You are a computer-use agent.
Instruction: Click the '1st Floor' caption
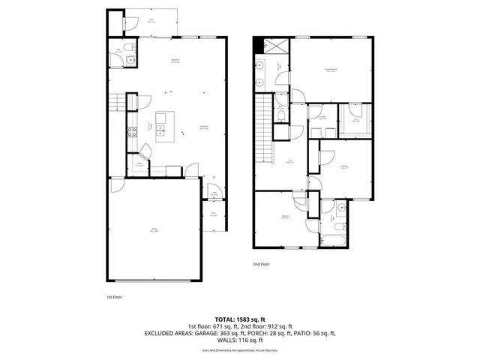tap(114, 296)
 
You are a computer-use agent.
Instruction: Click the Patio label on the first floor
tap(152, 21)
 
